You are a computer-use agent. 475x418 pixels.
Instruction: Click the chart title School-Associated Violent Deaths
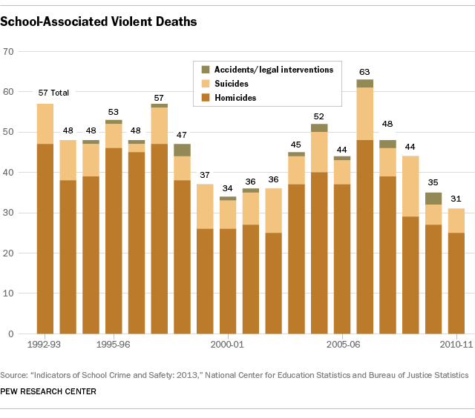tap(99, 21)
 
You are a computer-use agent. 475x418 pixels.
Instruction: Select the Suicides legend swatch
tap(206, 83)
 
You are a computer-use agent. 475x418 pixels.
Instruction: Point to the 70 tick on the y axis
tap(9, 51)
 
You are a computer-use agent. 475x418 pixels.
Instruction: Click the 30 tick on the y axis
tap(9, 213)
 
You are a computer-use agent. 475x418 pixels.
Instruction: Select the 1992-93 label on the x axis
tap(45, 345)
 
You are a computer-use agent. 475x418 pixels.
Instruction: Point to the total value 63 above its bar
tap(364, 72)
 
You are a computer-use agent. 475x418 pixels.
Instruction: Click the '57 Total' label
tap(53, 93)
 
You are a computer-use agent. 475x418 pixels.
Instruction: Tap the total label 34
tap(228, 188)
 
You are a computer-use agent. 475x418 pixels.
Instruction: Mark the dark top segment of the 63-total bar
tap(364, 83)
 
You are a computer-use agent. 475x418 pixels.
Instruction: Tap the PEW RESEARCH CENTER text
tap(47, 391)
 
